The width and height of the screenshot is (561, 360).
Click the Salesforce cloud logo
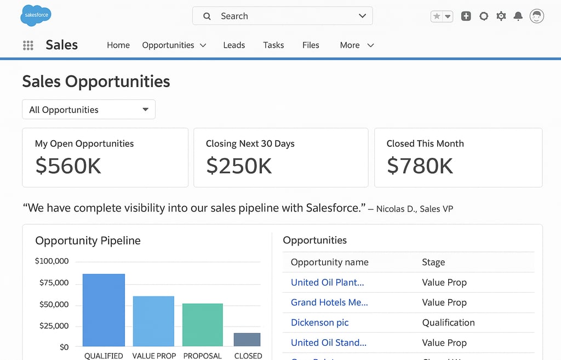tap(36, 15)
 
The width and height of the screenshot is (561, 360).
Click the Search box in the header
tap(282, 16)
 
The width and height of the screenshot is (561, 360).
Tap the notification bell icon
tap(518, 16)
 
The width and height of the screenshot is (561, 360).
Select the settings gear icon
tap(501, 16)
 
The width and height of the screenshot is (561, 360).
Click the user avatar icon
tap(537, 16)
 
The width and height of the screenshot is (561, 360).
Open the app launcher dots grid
tap(28, 45)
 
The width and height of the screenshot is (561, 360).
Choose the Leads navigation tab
tap(234, 45)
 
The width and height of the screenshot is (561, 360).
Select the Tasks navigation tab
tap(273, 45)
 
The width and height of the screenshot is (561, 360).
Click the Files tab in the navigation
tap(311, 45)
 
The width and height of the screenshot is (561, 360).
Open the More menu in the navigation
tap(357, 45)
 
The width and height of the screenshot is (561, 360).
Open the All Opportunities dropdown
tap(89, 110)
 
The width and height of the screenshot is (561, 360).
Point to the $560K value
tap(68, 165)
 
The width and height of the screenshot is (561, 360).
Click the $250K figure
tap(239, 165)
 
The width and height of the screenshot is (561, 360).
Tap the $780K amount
tap(420, 165)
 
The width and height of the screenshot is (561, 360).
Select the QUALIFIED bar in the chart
tap(104, 310)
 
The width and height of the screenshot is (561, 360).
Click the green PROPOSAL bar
tap(203, 324)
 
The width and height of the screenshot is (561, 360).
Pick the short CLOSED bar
tap(247, 340)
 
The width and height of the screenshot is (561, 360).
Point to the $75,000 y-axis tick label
tap(54, 283)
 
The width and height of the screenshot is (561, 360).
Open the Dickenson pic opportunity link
tap(320, 322)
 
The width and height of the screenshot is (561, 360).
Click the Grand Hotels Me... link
tap(329, 302)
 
